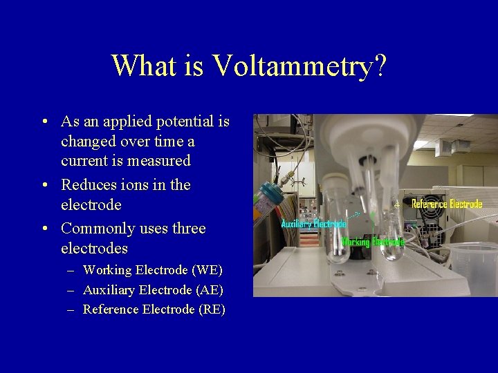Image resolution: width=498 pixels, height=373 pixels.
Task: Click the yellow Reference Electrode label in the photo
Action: click(x=447, y=204)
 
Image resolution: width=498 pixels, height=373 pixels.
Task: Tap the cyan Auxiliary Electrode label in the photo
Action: click(x=313, y=224)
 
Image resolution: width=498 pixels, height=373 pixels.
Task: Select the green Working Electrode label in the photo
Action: click(x=373, y=242)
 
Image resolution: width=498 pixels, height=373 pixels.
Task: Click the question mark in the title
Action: click(x=380, y=66)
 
